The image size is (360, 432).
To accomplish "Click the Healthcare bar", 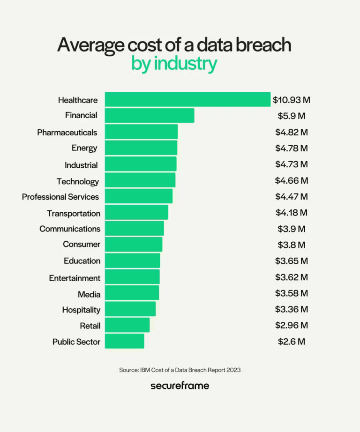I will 187,99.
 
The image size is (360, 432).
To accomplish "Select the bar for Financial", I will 149,115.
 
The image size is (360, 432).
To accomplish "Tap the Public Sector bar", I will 124,342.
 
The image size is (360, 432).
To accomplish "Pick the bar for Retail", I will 127,325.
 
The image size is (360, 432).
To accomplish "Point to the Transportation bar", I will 136,213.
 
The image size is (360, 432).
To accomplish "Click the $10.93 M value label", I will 292,100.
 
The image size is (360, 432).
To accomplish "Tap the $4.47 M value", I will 292,196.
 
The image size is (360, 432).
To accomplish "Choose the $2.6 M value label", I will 292,342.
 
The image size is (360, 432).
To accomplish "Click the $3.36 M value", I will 292,309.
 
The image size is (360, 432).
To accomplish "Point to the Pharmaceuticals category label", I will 67,133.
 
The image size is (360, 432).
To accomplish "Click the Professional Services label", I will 60,197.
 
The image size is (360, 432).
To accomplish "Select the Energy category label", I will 84,148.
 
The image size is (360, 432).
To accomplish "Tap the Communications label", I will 70,229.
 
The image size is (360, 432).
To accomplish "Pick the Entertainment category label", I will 75,278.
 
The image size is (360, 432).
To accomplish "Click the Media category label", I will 89,294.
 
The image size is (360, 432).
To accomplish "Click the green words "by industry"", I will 174,64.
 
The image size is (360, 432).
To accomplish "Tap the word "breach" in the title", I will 264,45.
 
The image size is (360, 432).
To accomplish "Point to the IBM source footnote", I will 180,370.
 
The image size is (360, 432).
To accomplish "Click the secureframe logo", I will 180,386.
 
